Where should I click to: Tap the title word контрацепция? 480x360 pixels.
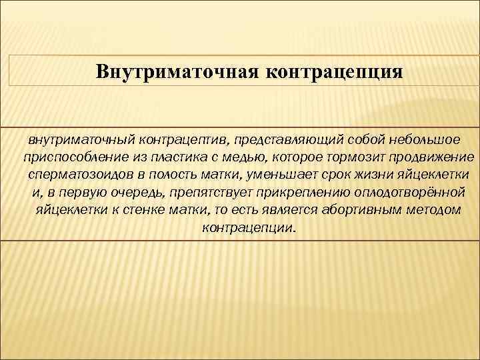tap(336, 71)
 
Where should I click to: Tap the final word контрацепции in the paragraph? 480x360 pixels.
tap(247, 228)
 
